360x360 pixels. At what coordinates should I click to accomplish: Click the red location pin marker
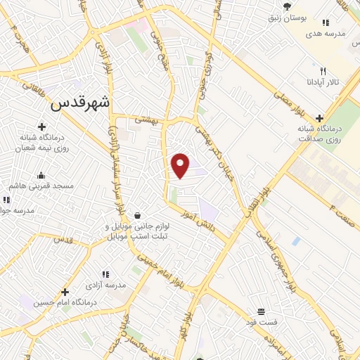pyautogui.click(x=181, y=165)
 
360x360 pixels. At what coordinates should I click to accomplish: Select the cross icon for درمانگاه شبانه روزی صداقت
pyautogui.click(x=321, y=118)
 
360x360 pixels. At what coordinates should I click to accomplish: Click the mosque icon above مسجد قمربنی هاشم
pyautogui.click(x=41, y=175)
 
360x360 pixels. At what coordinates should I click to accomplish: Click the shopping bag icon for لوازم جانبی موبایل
pyautogui.click(x=136, y=215)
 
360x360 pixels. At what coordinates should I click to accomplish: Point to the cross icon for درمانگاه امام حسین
pyautogui.click(x=65, y=291)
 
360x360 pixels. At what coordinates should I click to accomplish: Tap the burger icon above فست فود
pyautogui.click(x=261, y=311)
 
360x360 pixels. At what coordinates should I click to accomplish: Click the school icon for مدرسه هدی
pyautogui.click(x=325, y=23)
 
